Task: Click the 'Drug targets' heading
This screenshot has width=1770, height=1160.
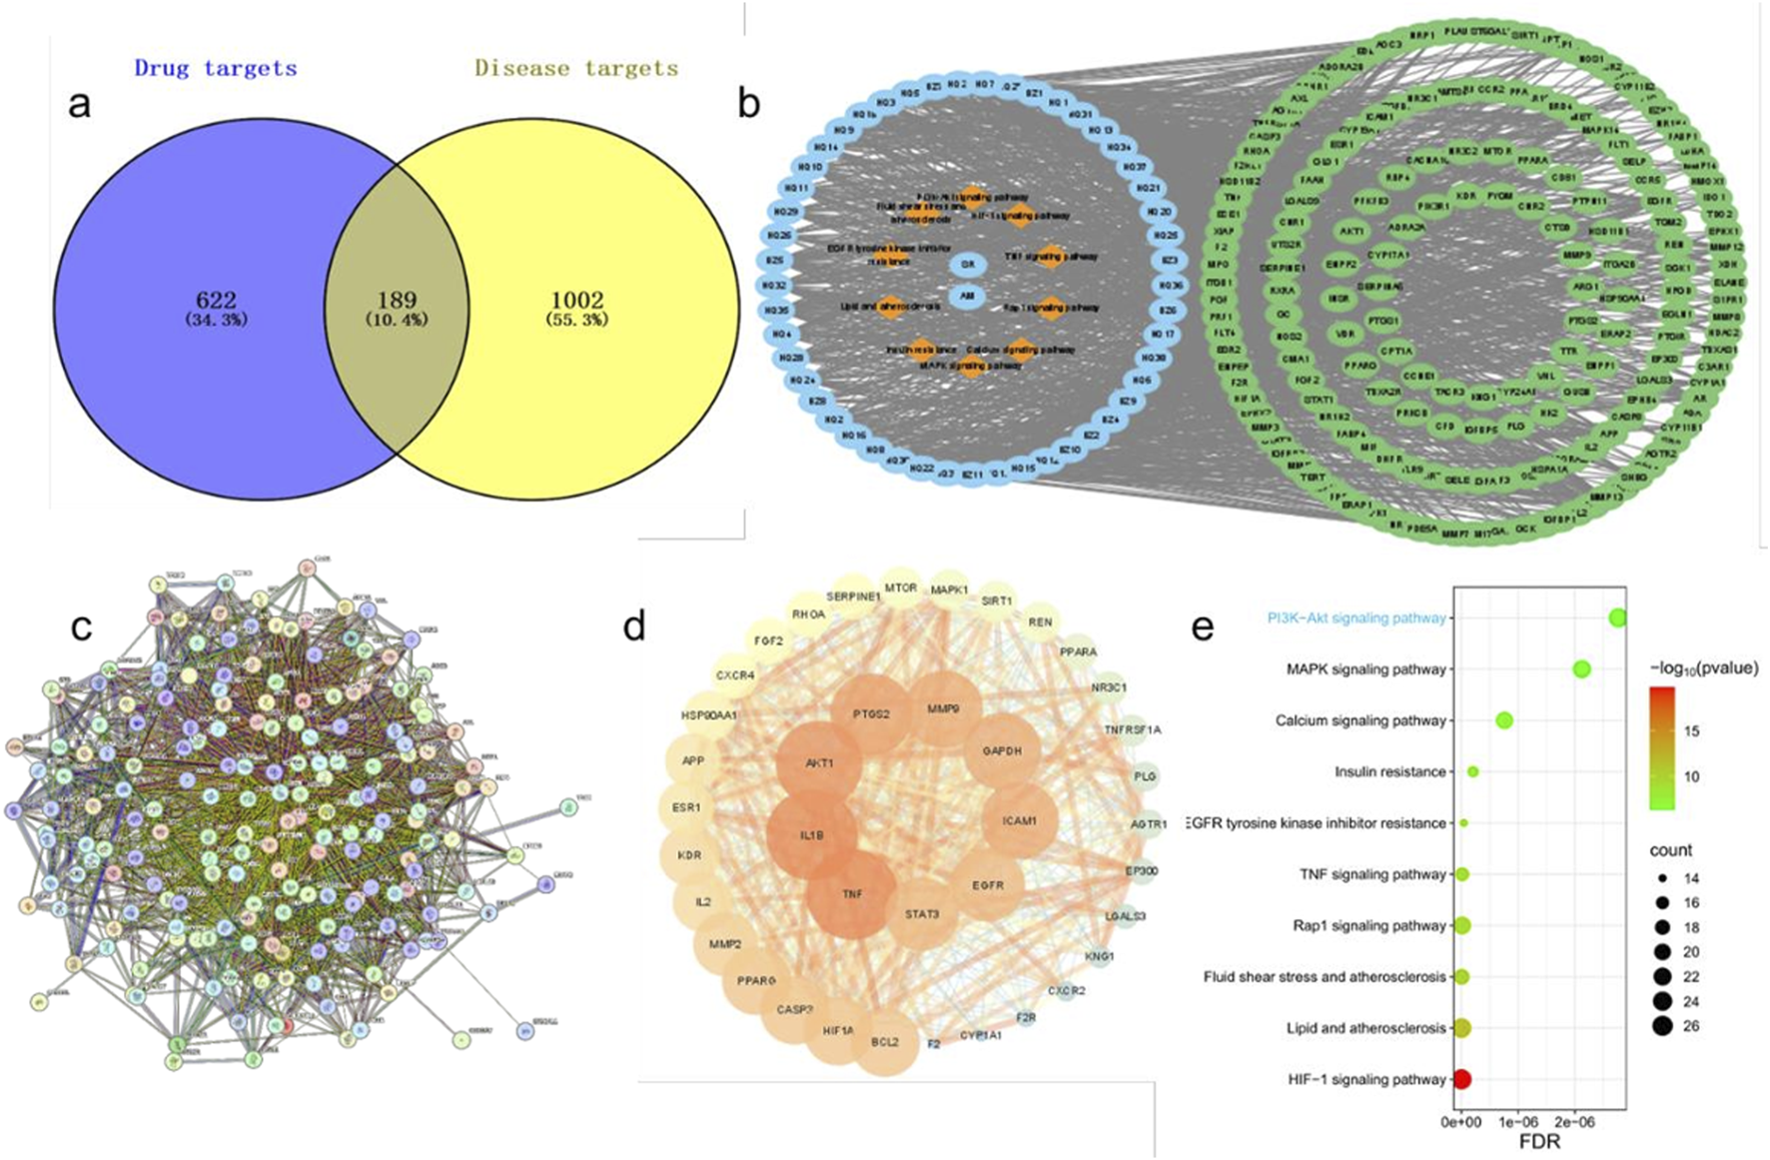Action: (216, 69)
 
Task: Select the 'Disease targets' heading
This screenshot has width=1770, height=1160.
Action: (576, 69)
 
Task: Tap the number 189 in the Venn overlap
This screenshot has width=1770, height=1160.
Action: (397, 300)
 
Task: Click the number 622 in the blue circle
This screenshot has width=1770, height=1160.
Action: (216, 300)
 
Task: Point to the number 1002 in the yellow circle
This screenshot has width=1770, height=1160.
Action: (577, 300)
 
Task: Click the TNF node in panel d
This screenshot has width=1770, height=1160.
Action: (851, 894)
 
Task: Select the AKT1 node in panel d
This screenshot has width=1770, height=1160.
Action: (819, 763)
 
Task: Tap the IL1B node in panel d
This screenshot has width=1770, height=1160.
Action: (811, 835)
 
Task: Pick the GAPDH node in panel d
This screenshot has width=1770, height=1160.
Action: (1002, 751)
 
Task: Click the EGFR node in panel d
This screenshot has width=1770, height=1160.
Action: (988, 885)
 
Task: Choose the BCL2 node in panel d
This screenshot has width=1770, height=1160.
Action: (884, 1042)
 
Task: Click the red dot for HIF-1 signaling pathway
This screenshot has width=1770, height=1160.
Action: (1461, 1079)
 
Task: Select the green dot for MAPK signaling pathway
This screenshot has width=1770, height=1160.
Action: (1581, 669)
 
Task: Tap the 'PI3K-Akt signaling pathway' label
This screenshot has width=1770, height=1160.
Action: (1356, 618)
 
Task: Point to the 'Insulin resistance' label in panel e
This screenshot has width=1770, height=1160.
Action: (1389, 772)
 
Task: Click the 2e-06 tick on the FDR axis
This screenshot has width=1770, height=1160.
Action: (1574, 1122)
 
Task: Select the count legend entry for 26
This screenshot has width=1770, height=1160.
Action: (1662, 1026)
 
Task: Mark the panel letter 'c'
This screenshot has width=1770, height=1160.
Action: (80, 626)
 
